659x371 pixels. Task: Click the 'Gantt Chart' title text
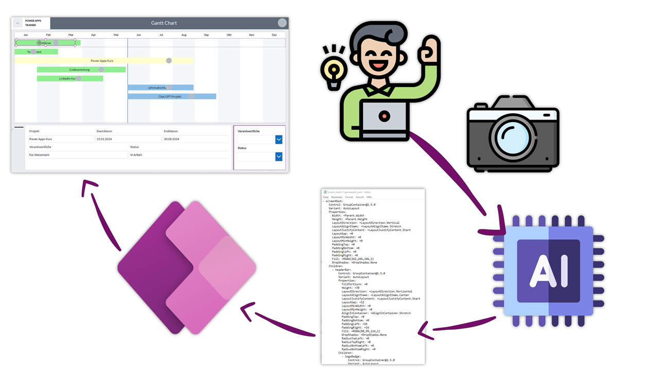tap(164, 23)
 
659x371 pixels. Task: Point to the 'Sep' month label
tap(206, 35)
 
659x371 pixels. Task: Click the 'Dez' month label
tap(274, 35)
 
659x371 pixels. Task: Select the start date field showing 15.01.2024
tap(128, 139)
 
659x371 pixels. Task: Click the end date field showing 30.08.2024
tap(196, 139)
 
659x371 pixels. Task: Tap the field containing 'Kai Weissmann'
tap(78, 155)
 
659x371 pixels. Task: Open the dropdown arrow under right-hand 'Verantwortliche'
tap(279, 140)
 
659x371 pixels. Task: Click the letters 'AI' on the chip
tap(548, 271)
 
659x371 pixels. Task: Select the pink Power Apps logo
tap(186, 267)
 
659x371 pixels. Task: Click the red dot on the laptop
tap(384, 117)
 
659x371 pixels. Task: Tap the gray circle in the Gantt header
tap(282, 23)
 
